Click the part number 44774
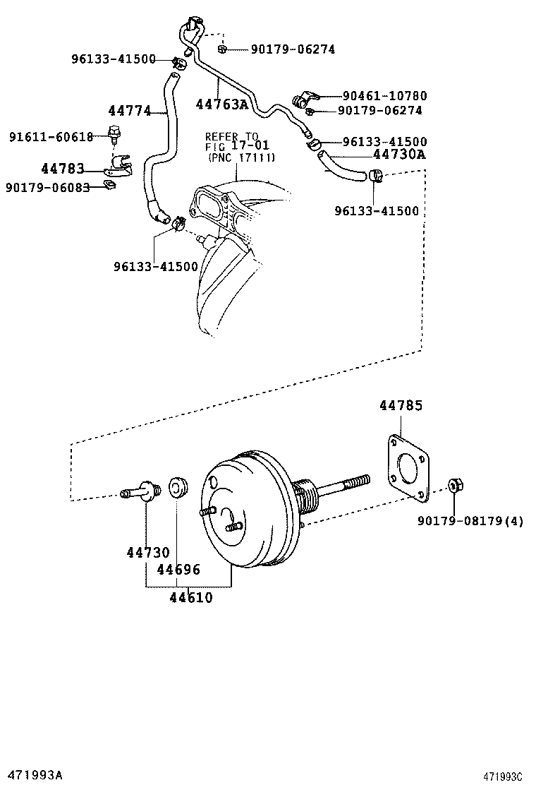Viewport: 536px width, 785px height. coord(130,111)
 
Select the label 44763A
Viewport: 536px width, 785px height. coord(221,104)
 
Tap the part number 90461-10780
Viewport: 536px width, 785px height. coord(384,95)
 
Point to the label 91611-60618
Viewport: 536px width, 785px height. coord(51,136)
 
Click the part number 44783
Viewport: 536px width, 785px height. coord(62,169)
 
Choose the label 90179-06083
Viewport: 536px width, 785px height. coord(47,187)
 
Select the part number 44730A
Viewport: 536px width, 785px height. coord(398,155)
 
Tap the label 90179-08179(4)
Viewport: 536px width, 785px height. coord(470,522)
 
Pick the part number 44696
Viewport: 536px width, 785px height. coord(178,570)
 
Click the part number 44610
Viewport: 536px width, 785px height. coord(190,598)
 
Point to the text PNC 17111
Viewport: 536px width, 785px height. coord(242,157)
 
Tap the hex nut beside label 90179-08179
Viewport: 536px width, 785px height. coord(454,486)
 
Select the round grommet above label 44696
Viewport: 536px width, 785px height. coord(176,488)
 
